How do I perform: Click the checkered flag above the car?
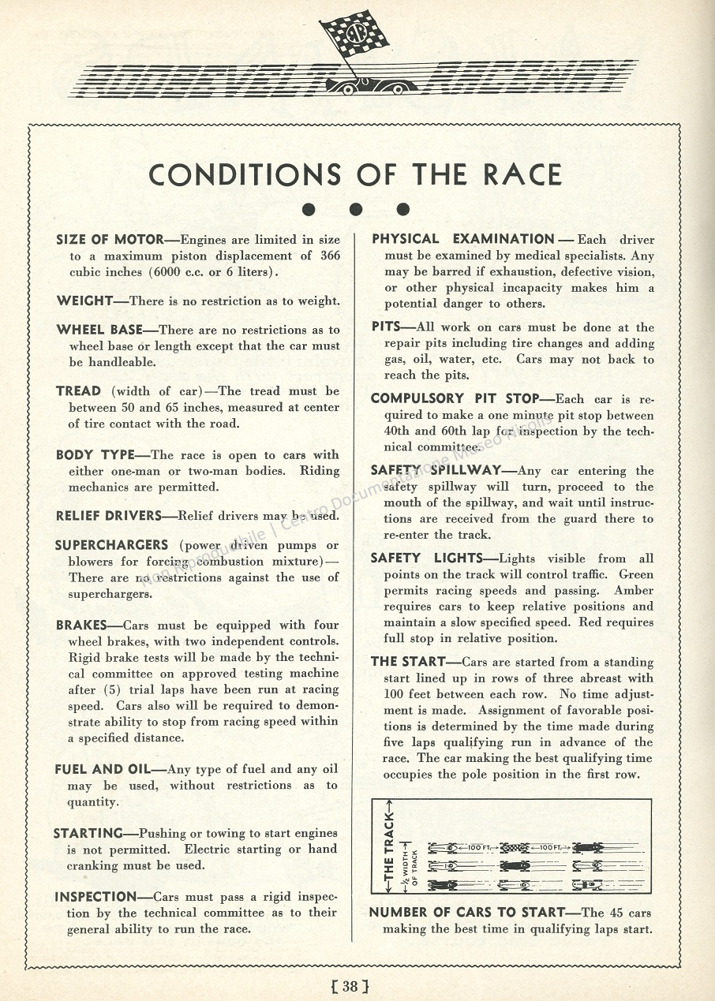356,33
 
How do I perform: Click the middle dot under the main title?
356,209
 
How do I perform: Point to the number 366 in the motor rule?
330,256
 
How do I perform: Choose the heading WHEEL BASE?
104,330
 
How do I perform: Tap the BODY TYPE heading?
96,455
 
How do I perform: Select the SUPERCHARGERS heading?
111,545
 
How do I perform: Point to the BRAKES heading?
81,626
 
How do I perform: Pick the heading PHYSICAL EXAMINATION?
463,239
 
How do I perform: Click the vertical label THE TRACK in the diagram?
388,846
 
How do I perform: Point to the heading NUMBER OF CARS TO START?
467,913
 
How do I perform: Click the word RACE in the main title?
523,174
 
